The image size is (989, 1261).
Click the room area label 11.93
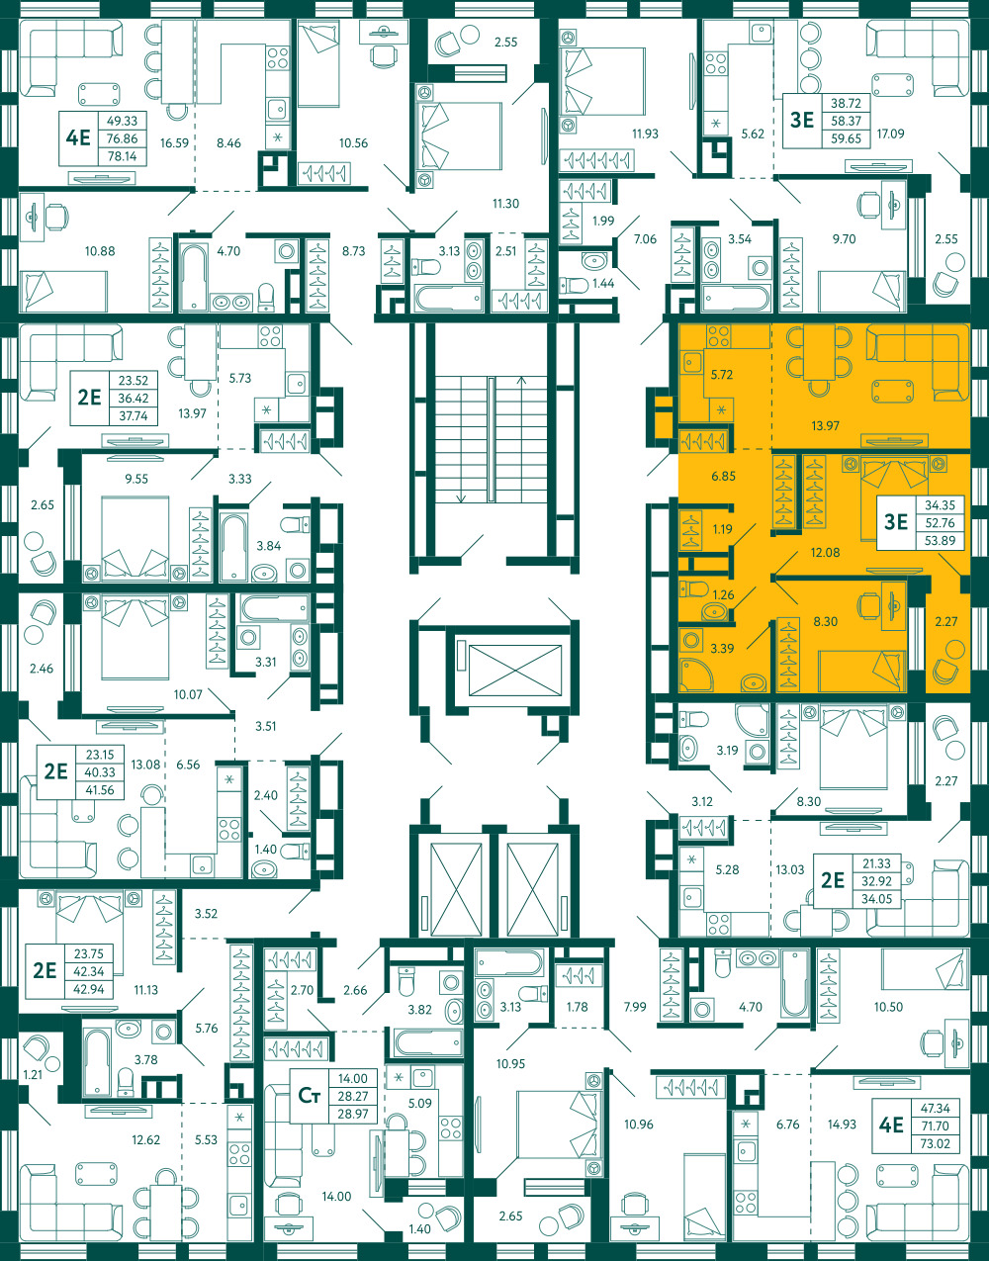645,134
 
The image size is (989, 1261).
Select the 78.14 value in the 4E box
123,156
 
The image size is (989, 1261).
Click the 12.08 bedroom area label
825,553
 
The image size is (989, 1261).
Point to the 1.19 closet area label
723,529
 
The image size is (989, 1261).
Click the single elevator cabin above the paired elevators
515,670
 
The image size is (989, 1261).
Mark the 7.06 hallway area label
645,238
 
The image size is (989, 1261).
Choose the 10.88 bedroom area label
100,251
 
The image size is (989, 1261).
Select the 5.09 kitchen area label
420,1103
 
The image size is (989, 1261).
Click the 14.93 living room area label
842,1125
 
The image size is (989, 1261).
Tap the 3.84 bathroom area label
269,546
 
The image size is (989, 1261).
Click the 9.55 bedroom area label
136,479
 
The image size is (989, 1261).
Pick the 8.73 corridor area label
354,251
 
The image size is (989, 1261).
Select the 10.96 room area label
639,1125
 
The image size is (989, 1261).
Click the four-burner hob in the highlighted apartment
719,336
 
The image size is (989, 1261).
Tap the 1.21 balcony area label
33,1075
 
